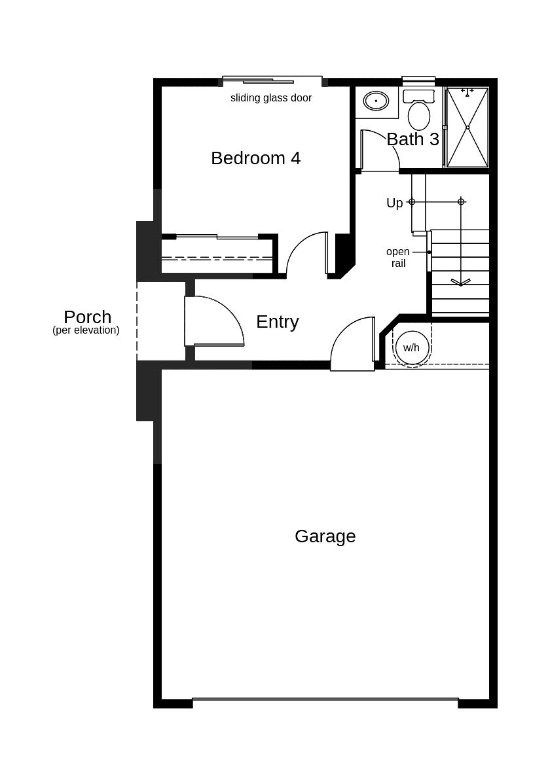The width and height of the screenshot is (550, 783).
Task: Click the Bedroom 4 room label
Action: pos(255,158)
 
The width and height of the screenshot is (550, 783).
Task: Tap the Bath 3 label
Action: pos(412,139)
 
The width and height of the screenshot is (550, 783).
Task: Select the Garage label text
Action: pos(325,536)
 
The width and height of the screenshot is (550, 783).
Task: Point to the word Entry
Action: pos(277,322)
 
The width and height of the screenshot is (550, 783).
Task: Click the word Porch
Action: pos(87,317)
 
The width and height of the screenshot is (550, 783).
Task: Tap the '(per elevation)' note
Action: pos(86,330)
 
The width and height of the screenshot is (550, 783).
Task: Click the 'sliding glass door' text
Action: pos(270,98)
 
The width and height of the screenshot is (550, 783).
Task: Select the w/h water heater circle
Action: pos(411,347)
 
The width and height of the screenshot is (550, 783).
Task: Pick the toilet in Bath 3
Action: pos(418,113)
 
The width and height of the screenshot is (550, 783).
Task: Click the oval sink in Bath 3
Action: pos(376,101)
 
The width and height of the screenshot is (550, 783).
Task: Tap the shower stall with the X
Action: pos(467,127)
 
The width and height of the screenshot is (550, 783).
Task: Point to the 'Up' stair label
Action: pos(394,203)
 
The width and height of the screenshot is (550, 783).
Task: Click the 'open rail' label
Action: pos(397,258)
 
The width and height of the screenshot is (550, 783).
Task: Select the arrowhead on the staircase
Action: pos(460,283)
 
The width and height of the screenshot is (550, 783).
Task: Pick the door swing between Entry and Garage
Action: pos(353,345)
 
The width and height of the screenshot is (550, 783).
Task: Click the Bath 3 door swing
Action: pos(380,150)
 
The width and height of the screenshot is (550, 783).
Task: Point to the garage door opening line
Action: pos(325,700)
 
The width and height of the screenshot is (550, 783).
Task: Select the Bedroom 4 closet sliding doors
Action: pos(217,237)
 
